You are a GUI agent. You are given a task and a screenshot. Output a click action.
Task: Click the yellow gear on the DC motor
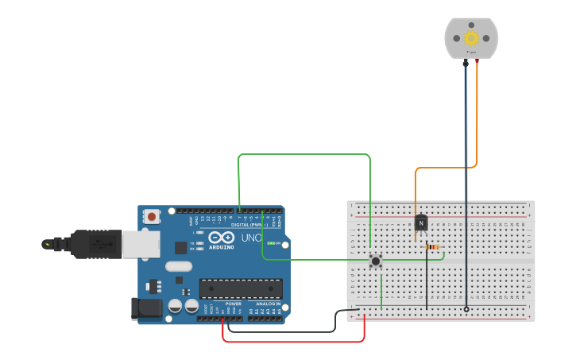coord(471,37)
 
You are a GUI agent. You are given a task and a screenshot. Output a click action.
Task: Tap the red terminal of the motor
coord(477,61)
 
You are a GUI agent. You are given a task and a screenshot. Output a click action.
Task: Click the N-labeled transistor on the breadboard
coord(421,223)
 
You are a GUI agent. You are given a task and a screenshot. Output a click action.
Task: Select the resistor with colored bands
coord(432,247)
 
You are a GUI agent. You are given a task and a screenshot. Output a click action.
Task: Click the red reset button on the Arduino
coord(151,216)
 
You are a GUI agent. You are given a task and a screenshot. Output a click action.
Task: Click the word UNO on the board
coord(251,238)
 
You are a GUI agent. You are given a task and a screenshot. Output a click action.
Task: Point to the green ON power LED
coord(271,243)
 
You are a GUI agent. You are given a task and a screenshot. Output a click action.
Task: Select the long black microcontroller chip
coord(241,288)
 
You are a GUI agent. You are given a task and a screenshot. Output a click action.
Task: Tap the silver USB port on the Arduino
coord(141,245)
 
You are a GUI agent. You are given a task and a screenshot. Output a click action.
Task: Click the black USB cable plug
coord(95,244)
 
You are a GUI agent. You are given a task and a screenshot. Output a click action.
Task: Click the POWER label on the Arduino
coord(234,304)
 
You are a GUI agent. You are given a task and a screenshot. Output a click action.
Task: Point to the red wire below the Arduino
coord(294,342)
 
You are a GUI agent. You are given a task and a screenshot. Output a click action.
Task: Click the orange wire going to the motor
coord(445,168)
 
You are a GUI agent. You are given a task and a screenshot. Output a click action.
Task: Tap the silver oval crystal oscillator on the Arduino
coord(179,267)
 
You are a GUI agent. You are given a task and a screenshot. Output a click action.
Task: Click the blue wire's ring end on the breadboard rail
coord(466,309)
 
